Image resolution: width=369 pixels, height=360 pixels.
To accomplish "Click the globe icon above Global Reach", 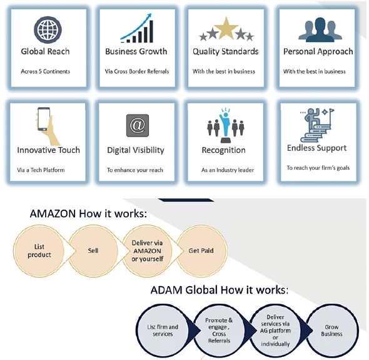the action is coord(48,29).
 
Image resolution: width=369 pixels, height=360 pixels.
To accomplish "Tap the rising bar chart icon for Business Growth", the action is coord(137,28).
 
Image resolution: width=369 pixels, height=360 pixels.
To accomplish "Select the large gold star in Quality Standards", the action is coord(226,28).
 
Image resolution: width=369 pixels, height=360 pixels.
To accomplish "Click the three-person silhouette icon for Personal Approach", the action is coord(320,30).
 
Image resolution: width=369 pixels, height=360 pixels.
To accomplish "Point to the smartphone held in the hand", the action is coord(44,119).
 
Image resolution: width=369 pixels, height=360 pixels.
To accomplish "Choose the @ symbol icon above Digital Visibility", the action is coord(138,126).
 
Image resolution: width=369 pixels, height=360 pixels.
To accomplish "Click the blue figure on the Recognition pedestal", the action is coord(225,125).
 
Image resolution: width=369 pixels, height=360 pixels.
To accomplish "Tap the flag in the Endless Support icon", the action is coord(331,110).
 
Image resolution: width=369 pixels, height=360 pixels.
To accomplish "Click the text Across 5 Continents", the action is coord(46,71).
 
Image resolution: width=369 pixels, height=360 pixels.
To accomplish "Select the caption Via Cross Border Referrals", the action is coord(137,71).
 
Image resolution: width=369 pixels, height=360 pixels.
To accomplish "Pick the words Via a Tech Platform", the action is coord(41,170).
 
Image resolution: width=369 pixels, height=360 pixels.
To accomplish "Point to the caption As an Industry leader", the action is coord(228,170).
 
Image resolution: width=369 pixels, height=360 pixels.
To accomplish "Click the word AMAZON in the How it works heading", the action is coord(53,213).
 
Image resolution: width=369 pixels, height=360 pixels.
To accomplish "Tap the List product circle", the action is coord(39,250).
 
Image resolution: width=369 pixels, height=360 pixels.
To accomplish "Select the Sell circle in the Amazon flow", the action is coord(93,250).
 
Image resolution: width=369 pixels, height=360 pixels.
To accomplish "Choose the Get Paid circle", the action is coord(201,250).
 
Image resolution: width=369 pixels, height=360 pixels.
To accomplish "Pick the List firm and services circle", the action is coord(163,331).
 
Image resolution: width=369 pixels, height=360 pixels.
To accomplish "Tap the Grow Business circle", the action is coord(332,331).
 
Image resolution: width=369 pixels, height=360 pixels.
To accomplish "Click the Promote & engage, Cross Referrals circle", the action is coord(219,331).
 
